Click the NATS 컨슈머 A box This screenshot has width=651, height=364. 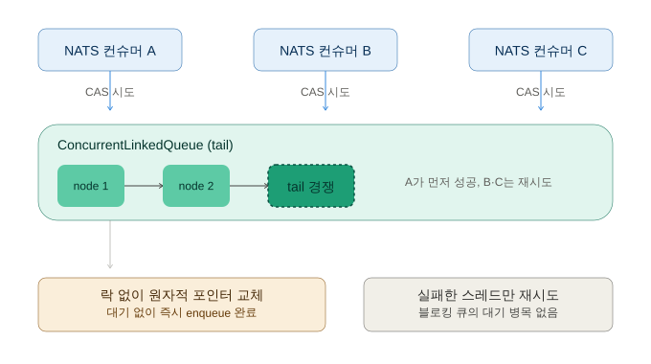tap(110, 50)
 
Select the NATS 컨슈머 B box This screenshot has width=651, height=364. tap(325, 50)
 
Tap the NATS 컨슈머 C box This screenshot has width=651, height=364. tap(541, 50)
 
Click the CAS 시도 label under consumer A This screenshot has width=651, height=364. tap(109, 92)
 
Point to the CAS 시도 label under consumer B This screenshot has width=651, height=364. tap(325, 92)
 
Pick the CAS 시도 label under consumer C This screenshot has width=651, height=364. tap(541, 92)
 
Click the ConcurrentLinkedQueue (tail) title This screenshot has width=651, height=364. tap(146, 145)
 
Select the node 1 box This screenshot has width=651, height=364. tap(91, 186)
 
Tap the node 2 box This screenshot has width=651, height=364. tap(196, 186)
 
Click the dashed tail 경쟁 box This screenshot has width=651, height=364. tap(311, 186)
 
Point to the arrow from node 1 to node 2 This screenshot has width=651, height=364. tap(144, 186)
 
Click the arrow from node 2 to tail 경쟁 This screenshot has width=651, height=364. tap(249, 186)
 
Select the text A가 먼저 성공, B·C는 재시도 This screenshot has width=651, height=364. tap(479, 182)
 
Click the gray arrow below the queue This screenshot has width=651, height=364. tap(110, 244)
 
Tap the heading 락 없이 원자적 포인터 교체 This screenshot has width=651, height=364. tap(182, 295)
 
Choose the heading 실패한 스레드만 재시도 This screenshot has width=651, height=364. tap(488, 295)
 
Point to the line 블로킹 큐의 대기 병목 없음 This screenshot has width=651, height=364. tap(488, 312)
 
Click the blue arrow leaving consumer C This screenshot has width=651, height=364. tap(541, 91)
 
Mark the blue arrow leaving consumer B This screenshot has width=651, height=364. tap(325, 91)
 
